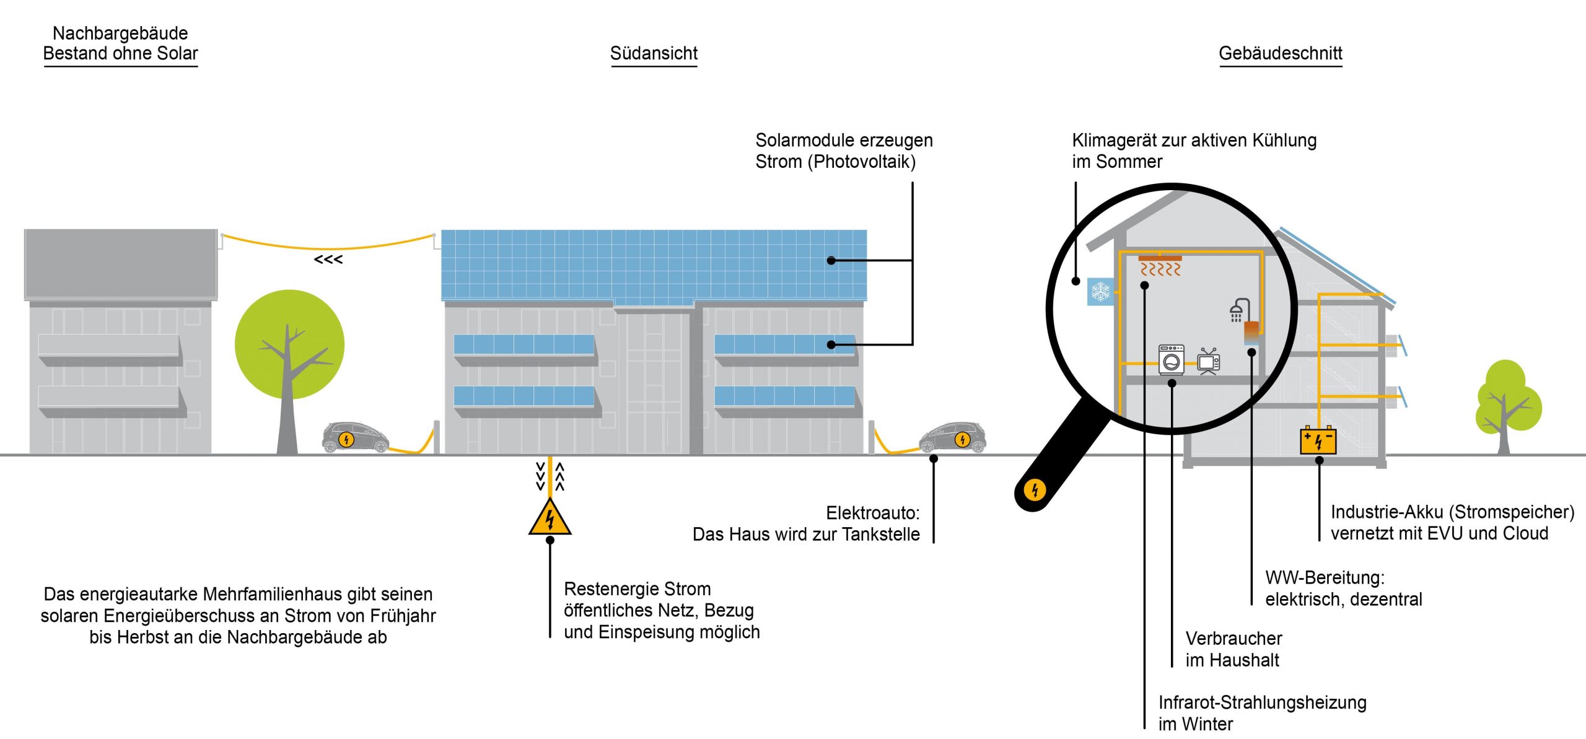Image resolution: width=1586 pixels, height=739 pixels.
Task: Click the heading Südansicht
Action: [x=654, y=53]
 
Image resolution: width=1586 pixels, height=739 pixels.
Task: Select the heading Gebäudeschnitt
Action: [x=1280, y=53]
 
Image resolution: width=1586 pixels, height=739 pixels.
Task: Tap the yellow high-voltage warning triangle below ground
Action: [x=550, y=518]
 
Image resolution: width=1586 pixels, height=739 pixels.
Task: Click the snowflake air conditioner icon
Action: [x=1100, y=291]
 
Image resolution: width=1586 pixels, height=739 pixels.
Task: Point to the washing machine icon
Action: [x=1171, y=359]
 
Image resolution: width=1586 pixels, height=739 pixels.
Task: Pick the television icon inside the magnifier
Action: [x=1208, y=361]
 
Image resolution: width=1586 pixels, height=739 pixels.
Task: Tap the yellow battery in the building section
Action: [x=1318, y=440]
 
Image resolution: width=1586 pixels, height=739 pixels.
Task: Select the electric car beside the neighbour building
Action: [x=355, y=437]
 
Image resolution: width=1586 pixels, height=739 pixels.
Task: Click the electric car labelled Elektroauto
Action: [x=952, y=437]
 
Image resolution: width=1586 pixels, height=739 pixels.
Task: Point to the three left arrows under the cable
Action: [x=328, y=260]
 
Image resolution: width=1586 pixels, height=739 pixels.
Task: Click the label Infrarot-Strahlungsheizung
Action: [x=1262, y=702]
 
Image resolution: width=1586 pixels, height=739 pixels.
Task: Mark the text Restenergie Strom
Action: [x=637, y=588]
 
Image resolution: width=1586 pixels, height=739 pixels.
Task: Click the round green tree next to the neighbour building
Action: [x=289, y=344]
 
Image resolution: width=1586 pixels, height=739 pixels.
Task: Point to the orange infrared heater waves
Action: [x=1160, y=269]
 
